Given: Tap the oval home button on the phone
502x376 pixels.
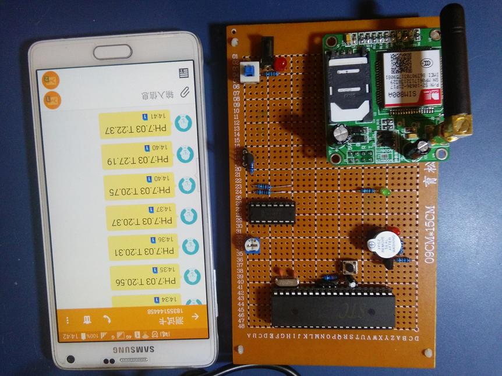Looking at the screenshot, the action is [112, 51].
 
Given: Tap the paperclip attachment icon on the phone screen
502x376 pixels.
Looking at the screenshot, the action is [185, 92].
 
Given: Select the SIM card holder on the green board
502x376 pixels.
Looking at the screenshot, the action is [348, 87].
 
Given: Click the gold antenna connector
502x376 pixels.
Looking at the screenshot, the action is [457, 127].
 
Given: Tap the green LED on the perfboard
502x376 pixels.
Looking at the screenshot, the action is [385, 191].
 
